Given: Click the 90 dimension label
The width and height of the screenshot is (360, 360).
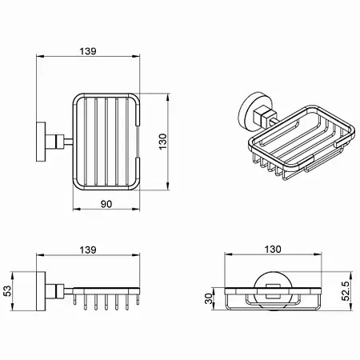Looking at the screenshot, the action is tap(106, 204).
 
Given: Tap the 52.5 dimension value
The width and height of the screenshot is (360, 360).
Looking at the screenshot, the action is tap(346, 291).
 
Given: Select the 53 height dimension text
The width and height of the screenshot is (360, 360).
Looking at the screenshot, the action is tap(7, 290).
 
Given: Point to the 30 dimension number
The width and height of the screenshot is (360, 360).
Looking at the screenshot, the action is tap(209, 298).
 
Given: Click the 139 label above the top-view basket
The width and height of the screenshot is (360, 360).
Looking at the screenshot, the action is tap(88, 51).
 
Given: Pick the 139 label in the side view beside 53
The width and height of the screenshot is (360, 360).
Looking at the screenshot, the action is tap(88, 250).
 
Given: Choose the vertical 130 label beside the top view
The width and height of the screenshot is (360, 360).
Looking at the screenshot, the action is tap(162, 142).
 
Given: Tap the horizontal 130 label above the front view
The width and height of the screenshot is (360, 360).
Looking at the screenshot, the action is tap(273, 249).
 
